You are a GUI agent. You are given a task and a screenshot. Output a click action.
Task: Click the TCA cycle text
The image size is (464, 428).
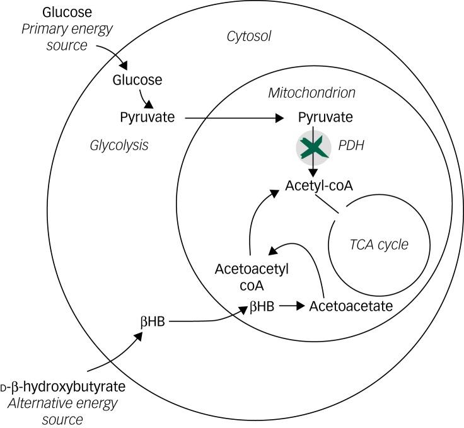coord(379,245)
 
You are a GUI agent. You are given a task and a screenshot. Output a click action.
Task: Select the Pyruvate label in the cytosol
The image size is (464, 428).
coord(147,117)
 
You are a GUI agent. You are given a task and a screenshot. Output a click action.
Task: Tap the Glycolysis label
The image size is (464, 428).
coord(119,146)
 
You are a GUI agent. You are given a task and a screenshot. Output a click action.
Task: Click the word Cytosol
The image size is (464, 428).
coord(248,37)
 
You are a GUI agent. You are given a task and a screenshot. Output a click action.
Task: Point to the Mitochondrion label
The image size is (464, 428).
coord(312,93)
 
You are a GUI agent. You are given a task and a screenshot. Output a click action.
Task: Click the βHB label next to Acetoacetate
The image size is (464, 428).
coord(262,306)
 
